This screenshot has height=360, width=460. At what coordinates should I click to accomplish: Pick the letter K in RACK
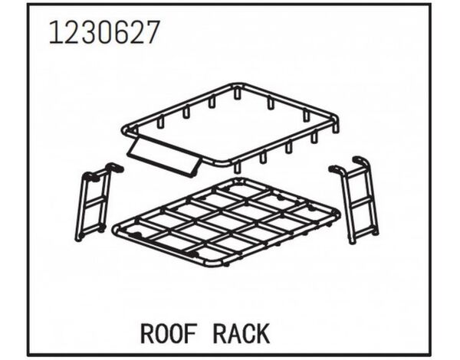coord(262,334)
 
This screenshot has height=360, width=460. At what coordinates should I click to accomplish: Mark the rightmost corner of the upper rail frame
coord(336,121)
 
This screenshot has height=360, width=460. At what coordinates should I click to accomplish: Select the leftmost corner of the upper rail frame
coord(125,129)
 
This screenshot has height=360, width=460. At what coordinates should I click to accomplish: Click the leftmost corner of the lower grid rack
coord(115,227)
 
